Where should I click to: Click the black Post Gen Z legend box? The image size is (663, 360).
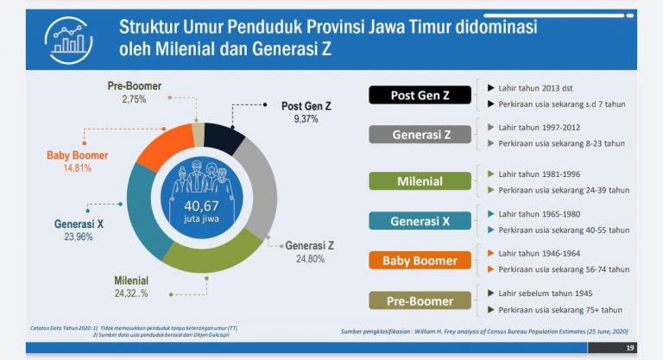point(420,95)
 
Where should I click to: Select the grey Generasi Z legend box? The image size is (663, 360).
point(420,136)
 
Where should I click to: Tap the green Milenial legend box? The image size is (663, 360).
point(420,181)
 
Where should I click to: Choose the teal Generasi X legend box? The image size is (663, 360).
point(420,221)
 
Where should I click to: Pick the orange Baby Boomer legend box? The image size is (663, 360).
point(420,260)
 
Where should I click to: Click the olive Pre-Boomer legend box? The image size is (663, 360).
point(420,300)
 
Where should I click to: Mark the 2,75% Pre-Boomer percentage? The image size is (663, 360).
point(134,99)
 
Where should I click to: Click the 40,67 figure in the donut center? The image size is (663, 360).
point(201,205)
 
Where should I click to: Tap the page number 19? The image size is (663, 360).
point(628,348)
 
